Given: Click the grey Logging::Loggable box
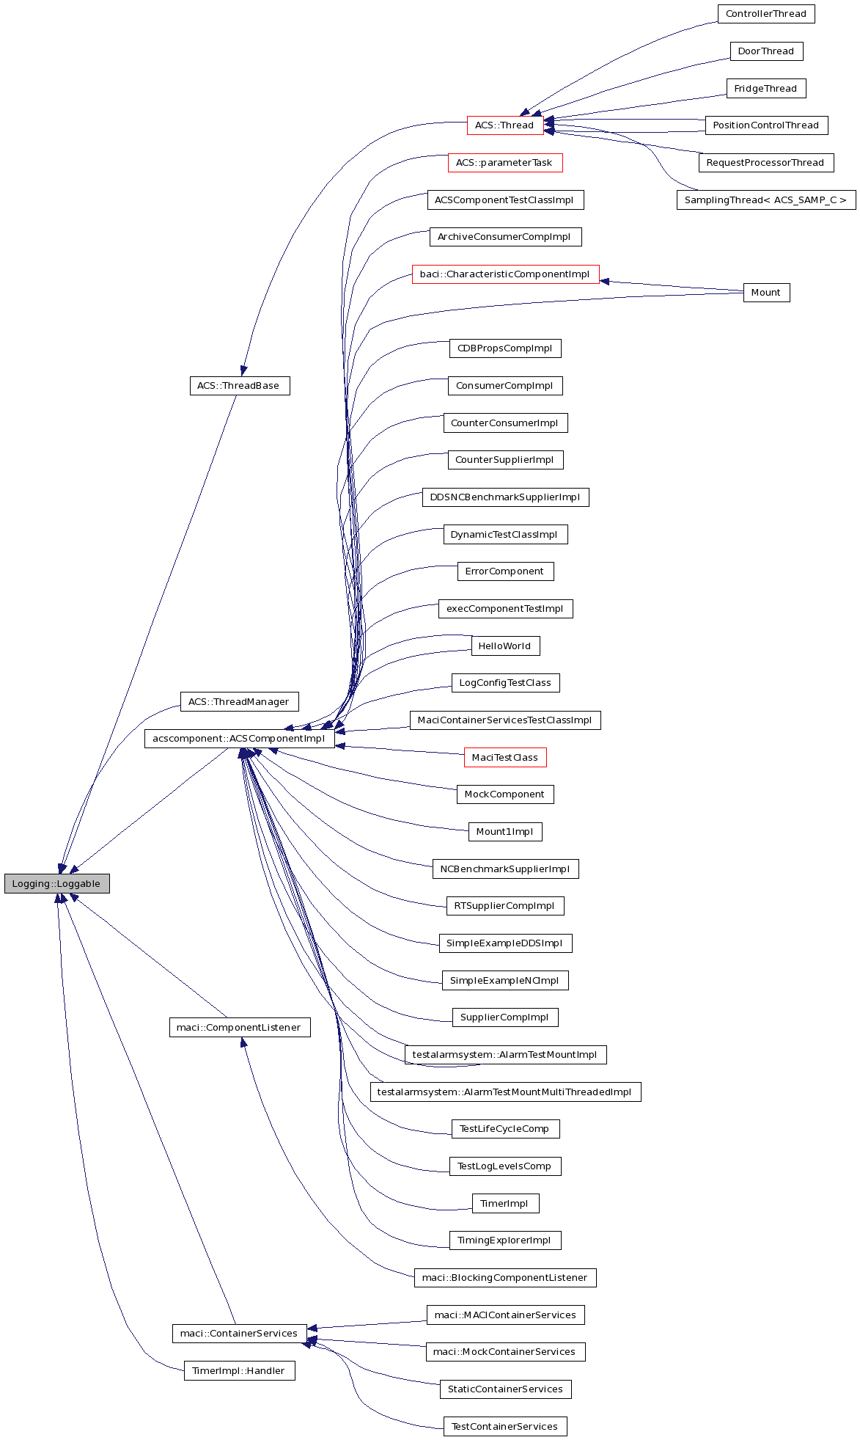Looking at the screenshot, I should coord(56,883).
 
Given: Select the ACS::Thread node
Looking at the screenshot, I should coord(504,125).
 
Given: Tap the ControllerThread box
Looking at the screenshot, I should coord(765,14).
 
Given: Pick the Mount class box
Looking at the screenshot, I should coord(766,293).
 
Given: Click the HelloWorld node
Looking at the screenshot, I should coord(504,646).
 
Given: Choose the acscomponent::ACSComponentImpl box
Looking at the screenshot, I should coord(239,739).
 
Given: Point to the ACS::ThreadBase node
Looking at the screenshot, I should coord(239,386).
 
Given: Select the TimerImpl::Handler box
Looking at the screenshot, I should coord(239,1370).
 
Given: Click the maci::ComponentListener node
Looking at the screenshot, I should coord(239,1027).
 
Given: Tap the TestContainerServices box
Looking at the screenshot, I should coord(504,1427).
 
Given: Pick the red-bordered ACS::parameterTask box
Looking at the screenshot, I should coord(504,163).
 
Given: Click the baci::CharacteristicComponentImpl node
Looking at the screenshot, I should coord(504,274).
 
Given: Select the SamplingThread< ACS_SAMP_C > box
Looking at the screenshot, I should coord(765,200).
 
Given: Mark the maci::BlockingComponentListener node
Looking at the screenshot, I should coord(504,1278).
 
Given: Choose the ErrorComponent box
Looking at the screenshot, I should coord(504,571).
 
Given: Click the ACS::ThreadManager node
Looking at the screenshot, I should coord(239,702).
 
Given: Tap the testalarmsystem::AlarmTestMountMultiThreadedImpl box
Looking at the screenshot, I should coord(504,1092).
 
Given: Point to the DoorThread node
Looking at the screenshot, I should coord(765,51).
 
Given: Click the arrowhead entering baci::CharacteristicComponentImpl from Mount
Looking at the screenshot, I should coord(606,281).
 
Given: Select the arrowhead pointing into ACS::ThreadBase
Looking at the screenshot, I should coord(243,370).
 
